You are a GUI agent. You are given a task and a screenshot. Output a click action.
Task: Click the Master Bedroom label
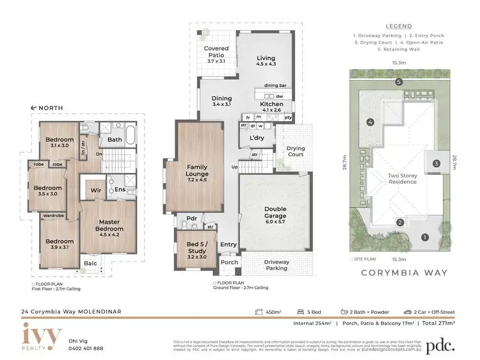(109, 225)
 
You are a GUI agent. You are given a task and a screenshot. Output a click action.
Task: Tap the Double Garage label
(275, 213)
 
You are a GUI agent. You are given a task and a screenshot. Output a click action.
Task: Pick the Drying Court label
(296, 152)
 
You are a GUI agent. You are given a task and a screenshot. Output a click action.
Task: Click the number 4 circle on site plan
(369, 122)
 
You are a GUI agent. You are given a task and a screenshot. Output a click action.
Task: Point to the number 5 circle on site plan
(398, 82)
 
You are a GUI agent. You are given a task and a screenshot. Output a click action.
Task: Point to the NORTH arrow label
(48, 108)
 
